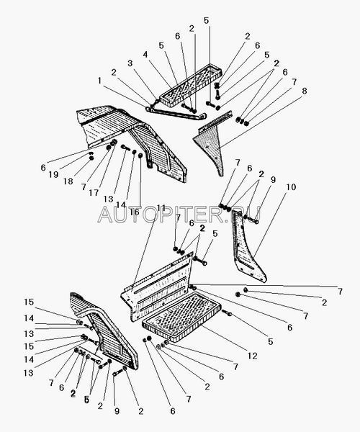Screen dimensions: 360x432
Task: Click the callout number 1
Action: pyautogui.click(x=99, y=81)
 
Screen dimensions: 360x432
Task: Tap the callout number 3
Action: pyautogui.click(x=130, y=63)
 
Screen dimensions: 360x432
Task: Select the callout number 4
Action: pyautogui.click(x=145, y=54)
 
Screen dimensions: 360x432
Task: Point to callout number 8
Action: pyautogui.click(x=304, y=91)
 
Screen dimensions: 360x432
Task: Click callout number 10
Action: pyautogui.click(x=291, y=187)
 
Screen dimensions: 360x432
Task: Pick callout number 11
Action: pyautogui.click(x=161, y=208)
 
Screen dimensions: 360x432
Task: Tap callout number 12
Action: pyautogui.click(x=252, y=356)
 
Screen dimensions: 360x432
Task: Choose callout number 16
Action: pyautogui.click(x=135, y=212)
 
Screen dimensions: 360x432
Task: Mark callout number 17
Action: pyautogui.click(x=94, y=192)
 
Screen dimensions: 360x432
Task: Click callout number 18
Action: pyautogui.click(x=68, y=181)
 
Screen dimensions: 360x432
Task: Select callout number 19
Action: pyautogui.click(x=53, y=174)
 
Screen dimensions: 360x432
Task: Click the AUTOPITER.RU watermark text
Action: pyautogui.click(x=179, y=215)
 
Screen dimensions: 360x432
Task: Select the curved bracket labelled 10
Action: pyautogui.click(x=248, y=246)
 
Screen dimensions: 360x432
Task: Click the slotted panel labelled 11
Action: pyautogui.click(x=157, y=287)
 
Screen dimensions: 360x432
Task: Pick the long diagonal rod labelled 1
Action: pyautogui.click(x=176, y=114)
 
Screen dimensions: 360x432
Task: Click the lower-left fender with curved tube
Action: pyautogui.click(x=104, y=330)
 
